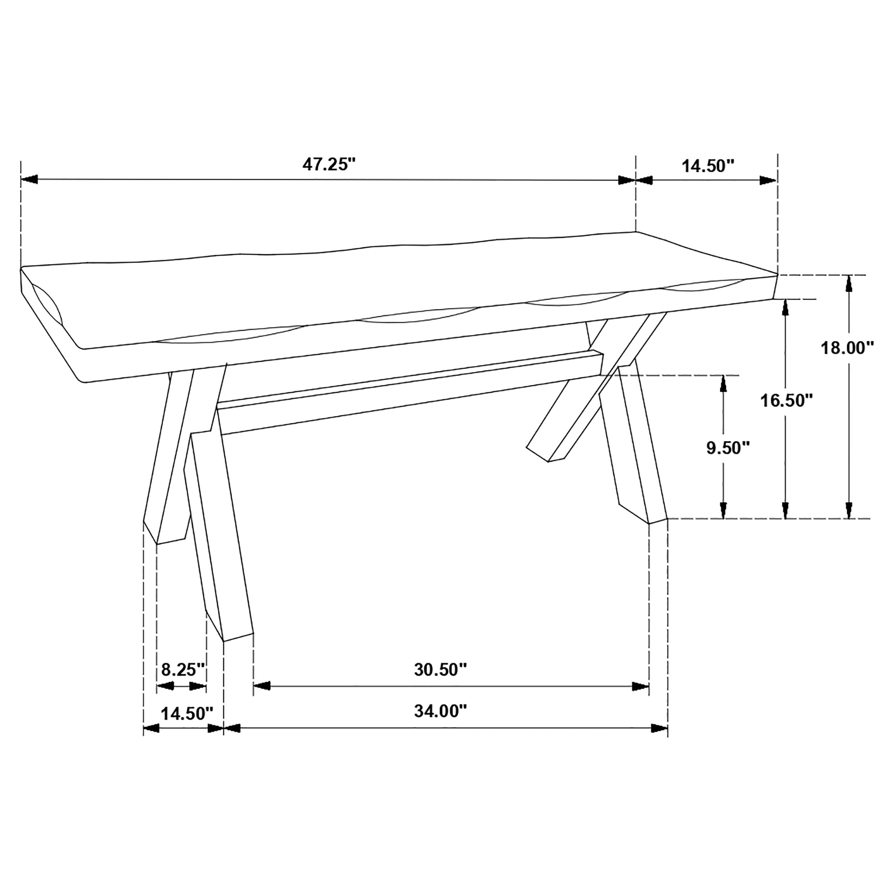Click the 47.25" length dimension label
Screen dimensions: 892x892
pyautogui.click(x=329, y=164)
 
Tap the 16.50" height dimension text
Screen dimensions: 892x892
pyautogui.click(x=786, y=400)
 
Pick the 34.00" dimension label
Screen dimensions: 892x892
pyautogui.click(x=440, y=711)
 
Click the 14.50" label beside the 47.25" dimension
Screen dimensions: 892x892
pyautogui.click(x=708, y=166)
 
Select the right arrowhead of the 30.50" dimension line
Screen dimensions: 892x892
pyautogui.click(x=640, y=686)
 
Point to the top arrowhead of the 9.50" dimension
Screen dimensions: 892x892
pyautogui.click(x=724, y=384)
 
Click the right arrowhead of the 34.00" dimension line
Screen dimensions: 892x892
pyautogui.click(x=659, y=729)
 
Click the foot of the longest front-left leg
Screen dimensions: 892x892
pyautogui.click(x=238, y=635)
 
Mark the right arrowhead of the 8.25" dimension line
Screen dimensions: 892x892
pyautogui.click(x=198, y=687)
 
